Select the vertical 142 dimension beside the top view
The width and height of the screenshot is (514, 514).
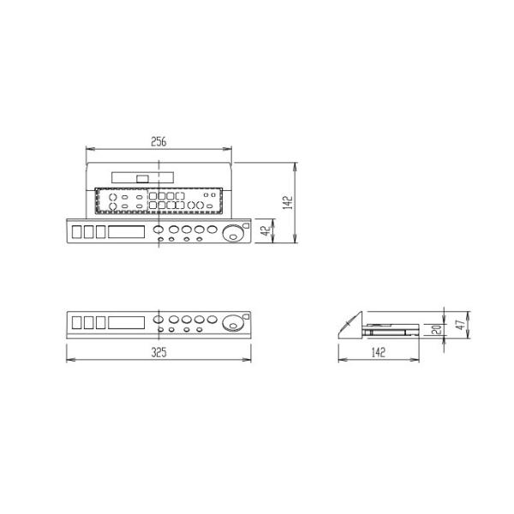(288, 202)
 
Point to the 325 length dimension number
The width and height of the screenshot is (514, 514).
(158, 352)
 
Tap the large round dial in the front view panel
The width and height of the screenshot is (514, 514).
(231, 324)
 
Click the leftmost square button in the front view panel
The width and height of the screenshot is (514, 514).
(76, 323)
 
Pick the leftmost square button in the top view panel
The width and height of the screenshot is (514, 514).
(76, 231)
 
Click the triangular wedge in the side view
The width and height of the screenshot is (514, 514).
(351, 326)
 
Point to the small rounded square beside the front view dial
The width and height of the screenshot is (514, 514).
(247, 317)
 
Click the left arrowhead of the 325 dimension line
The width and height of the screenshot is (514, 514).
(69, 360)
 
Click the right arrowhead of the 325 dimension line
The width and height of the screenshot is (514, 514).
(249, 360)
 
